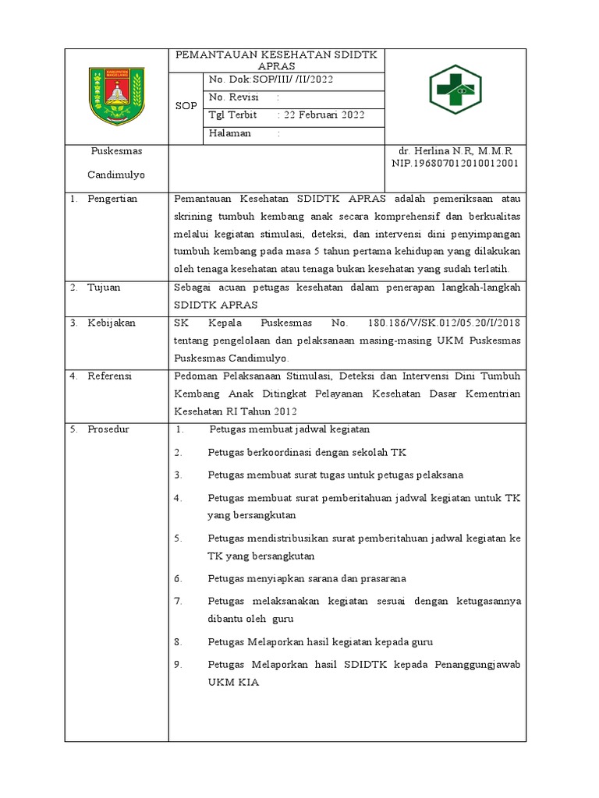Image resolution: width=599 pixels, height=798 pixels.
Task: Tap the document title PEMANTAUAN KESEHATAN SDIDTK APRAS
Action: coord(276,61)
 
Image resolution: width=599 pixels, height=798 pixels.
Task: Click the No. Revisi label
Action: coord(235,97)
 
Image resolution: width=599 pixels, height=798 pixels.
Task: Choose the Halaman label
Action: coord(230,133)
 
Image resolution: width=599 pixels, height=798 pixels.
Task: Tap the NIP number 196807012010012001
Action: coord(455,164)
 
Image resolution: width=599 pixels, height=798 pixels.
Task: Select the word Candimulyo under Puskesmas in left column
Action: coord(116,175)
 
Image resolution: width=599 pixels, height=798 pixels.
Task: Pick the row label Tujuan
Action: coord(105,288)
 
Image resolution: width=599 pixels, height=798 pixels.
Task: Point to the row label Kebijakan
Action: coord(111,323)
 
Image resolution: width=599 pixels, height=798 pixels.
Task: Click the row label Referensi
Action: coord(110,376)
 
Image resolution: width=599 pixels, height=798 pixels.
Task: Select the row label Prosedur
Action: coord(108,429)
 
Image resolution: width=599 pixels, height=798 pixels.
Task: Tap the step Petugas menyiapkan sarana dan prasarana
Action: coord(307,578)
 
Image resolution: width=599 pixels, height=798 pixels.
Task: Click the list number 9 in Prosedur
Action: coord(178,665)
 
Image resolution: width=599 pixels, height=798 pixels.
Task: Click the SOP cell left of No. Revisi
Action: coord(186,106)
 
